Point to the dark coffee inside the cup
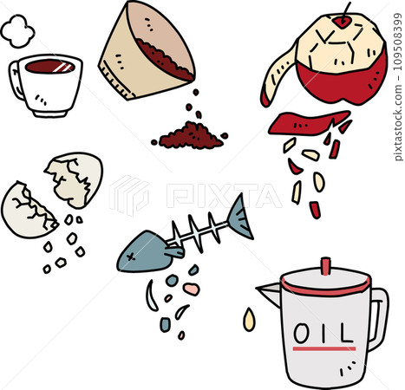50,67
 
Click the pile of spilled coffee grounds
190,136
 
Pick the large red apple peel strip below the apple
304,122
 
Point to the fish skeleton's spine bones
195,235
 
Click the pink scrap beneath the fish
191,289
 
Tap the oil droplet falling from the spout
250,320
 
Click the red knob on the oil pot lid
325,264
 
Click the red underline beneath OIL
324,350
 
